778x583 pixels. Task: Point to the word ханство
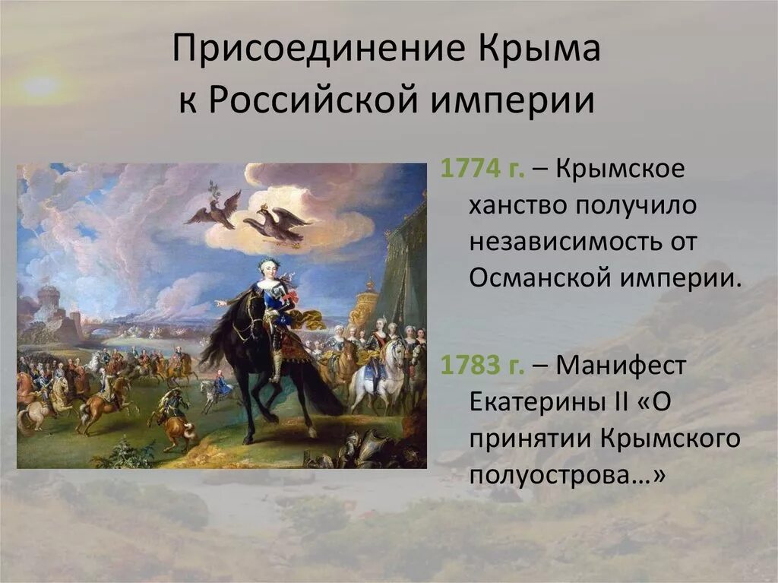coord(517,204)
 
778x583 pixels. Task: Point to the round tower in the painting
coord(49,304)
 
